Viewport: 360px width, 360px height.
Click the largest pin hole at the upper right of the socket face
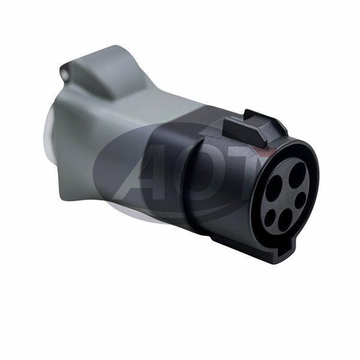[x=298, y=172]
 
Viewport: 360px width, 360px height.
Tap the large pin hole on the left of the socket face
[x=274, y=188]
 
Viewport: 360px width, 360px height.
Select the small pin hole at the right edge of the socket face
[x=300, y=200]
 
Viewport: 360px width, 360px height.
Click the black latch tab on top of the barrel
[x=244, y=131]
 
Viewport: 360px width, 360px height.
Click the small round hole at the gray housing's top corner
[x=66, y=74]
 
